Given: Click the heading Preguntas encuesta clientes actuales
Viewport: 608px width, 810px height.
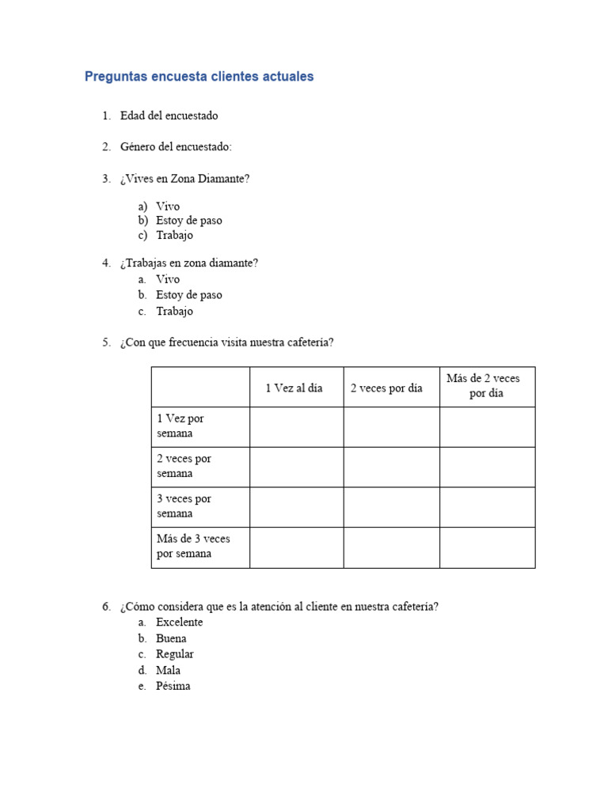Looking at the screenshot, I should (x=199, y=77).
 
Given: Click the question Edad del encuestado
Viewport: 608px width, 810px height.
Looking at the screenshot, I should (x=169, y=115).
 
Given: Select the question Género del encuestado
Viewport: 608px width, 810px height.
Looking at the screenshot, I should (x=176, y=147).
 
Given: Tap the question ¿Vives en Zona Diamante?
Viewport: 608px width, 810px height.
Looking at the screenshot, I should (x=184, y=179).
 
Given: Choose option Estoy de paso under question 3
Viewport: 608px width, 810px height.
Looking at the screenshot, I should (x=188, y=221).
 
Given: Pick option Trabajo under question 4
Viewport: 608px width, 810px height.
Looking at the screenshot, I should (x=174, y=311).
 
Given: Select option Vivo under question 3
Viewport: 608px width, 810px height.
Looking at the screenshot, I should (x=168, y=206).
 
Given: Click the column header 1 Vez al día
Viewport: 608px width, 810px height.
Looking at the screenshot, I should (x=294, y=388).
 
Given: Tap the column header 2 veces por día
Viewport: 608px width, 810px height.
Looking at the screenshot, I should (x=386, y=388).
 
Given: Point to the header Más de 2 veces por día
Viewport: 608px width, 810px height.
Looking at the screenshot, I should (x=484, y=386).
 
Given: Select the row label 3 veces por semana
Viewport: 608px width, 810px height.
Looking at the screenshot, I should (x=184, y=506).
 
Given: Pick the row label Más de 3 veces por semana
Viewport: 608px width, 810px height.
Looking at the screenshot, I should (x=193, y=546).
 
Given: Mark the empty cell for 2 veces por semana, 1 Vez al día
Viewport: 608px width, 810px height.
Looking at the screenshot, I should (x=296, y=467).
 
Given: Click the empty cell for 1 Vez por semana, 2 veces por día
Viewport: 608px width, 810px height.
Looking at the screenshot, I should (x=391, y=426).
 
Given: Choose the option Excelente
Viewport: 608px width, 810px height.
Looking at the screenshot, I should (x=179, y=623).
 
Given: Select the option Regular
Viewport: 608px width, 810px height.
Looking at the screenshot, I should (x=174, y=654).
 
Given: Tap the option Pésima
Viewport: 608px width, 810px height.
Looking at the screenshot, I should (x=173, y=686).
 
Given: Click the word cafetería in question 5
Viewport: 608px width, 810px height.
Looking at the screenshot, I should (x=306, y=343).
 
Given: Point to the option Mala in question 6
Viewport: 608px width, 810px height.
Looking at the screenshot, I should (x=168, y=670).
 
